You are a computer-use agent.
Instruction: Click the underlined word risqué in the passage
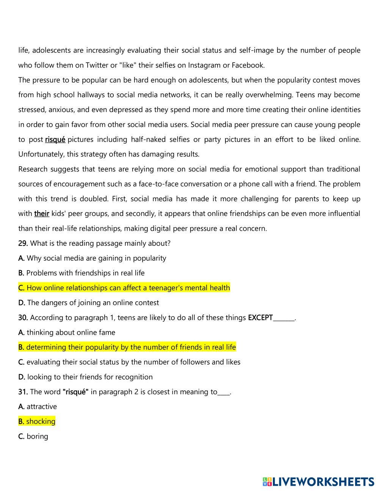coord(55,139)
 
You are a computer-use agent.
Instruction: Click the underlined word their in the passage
coord(42,213)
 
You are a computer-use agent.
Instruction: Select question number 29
coord(23,243)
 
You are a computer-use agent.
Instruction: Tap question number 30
coord(23,317)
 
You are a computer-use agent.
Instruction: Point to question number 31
coord(23,392)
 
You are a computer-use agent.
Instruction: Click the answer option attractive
coord(41,406)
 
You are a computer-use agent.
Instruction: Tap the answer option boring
coord(37,436)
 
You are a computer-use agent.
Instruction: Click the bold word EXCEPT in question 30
coord(260,317)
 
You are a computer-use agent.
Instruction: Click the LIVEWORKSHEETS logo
coord(318,482)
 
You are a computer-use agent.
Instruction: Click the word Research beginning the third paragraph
coord(33,169)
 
